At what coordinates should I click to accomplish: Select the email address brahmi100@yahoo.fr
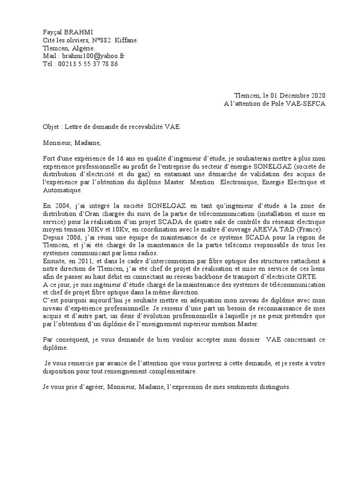click(90, 56)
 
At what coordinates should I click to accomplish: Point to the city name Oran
click(93, 213)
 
